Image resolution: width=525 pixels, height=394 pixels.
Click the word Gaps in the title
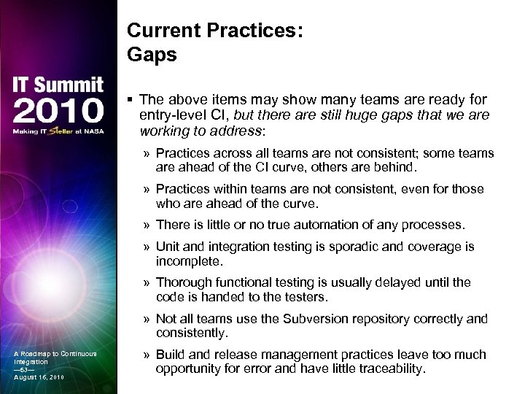click(x=152, y=55)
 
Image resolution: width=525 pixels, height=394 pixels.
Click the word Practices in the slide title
click(x=237, y=30)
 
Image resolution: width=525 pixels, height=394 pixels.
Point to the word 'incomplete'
click(x=187, y=260)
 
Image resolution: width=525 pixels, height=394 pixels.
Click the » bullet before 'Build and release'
click(x=147, y=355)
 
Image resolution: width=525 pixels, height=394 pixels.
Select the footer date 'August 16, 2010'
click(x=39, y=376)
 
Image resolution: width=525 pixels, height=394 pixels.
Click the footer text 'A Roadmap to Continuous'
click(x=55, y=354)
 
